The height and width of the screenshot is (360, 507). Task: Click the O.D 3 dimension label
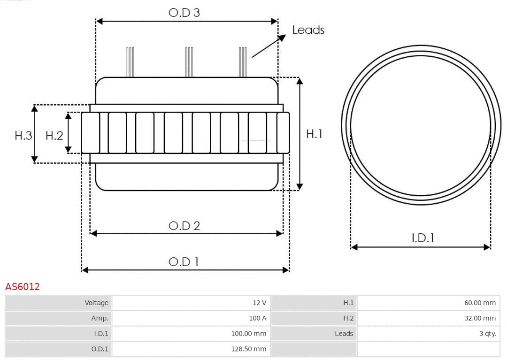[184, 13]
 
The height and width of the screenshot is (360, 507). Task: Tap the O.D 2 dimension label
[184, 226]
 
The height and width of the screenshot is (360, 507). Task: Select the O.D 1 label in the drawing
[184, 261]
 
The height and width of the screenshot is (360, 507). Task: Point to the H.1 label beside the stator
[314, 134]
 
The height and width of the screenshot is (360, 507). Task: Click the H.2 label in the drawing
[54, 136]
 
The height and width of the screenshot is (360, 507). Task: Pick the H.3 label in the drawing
[23, 136]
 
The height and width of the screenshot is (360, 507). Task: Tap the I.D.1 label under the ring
[423, 238]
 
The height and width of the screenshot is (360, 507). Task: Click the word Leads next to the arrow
[308, 30]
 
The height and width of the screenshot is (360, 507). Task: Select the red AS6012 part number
[23, 287]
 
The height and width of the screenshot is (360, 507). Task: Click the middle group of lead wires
[189, 62]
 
